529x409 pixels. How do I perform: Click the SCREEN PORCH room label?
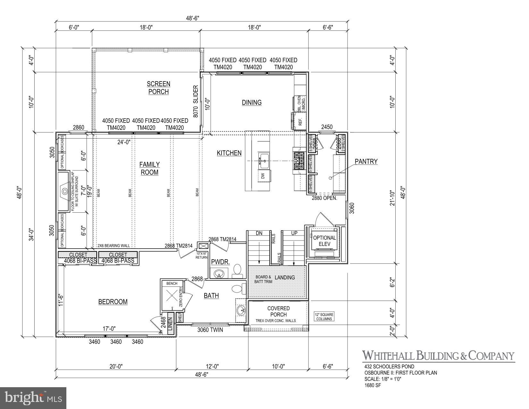[x=158, y=88]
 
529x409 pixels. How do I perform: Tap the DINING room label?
[x=252, y=103]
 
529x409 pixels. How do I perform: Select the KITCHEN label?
[x=229, y=153]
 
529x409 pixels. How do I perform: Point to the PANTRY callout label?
[x=366, y=161]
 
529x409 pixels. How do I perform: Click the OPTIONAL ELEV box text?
[x=324, y=241]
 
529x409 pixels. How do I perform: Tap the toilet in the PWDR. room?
[x=238, y=269]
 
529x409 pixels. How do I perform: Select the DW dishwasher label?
[x=263, y=176]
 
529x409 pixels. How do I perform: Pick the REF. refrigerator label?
[x=300, y=123]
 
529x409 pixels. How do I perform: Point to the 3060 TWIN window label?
[x=210, y=330]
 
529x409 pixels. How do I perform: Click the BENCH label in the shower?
[x=172, y=284]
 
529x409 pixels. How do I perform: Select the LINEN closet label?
[x=170, y=324]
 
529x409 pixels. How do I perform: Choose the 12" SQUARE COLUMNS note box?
[x=324, y=317]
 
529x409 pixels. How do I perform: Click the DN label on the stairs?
[x=259, y=234]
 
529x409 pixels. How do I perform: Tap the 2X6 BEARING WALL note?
[x=114, y=246]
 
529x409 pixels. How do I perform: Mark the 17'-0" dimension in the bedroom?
[x=109, y=329]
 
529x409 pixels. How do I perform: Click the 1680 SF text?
[x=373, y=386]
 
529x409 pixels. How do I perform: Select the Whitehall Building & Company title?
[x=438, y=355]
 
